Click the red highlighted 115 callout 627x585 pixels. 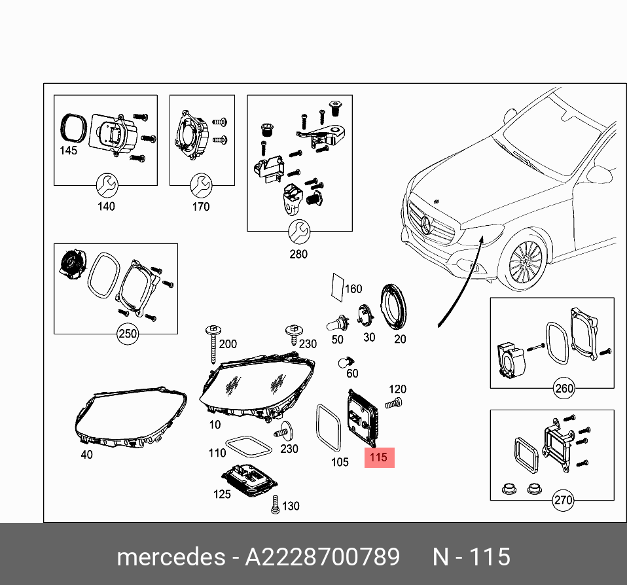(379, 457)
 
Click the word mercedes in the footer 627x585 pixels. (170, 557)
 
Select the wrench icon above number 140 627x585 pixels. (106, 185)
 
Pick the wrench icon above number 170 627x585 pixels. (200, 185)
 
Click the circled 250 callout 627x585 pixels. (128, 334)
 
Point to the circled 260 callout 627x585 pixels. (564, 387)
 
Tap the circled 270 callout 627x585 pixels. (563, 501)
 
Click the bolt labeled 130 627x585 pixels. (274, 505)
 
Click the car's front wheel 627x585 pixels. (528, 264)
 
